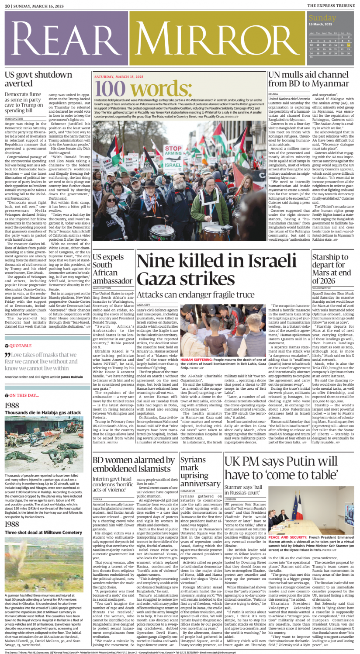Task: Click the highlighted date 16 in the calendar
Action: (x=348, y=45)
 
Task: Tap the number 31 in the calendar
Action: (x=311, y=57)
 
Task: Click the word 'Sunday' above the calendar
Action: (x=322, y=18)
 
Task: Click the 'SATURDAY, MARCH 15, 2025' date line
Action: (x=119, y=77)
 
